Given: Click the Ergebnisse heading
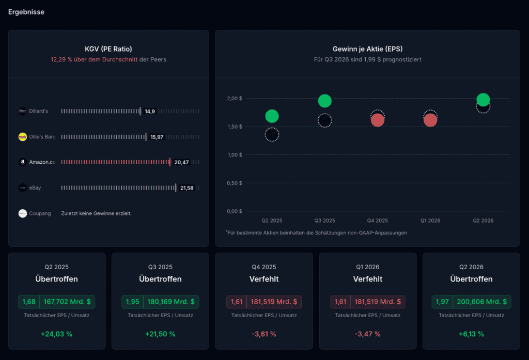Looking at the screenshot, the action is point(26,12).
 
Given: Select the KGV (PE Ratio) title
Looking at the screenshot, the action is point(108,49).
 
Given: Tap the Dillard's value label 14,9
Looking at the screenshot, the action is point(150,112).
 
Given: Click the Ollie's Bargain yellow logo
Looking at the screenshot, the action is point(23,137).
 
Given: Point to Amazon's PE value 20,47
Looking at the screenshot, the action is point(181,162).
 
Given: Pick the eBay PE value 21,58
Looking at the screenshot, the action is point(187,188).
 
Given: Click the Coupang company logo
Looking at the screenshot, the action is point(23,213).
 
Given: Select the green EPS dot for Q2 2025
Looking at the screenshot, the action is point(272,116).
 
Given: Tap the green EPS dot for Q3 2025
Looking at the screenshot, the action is point(325,101).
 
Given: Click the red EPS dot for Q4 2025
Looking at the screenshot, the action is point(378,120).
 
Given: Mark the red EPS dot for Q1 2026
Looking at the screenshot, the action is point(430,120).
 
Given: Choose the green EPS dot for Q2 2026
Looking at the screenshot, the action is point(483,100).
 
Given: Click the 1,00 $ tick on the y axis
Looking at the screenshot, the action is point(235,155).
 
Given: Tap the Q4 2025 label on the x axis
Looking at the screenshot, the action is point(378,221).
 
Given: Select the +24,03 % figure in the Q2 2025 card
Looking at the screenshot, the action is point(57,334).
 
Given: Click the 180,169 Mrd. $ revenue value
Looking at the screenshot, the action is point(171,302).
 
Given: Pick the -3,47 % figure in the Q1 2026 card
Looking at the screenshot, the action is point(368,334).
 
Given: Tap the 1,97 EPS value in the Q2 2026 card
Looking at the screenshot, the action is point(442,302).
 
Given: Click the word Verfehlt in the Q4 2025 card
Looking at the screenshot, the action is point(264,279).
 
